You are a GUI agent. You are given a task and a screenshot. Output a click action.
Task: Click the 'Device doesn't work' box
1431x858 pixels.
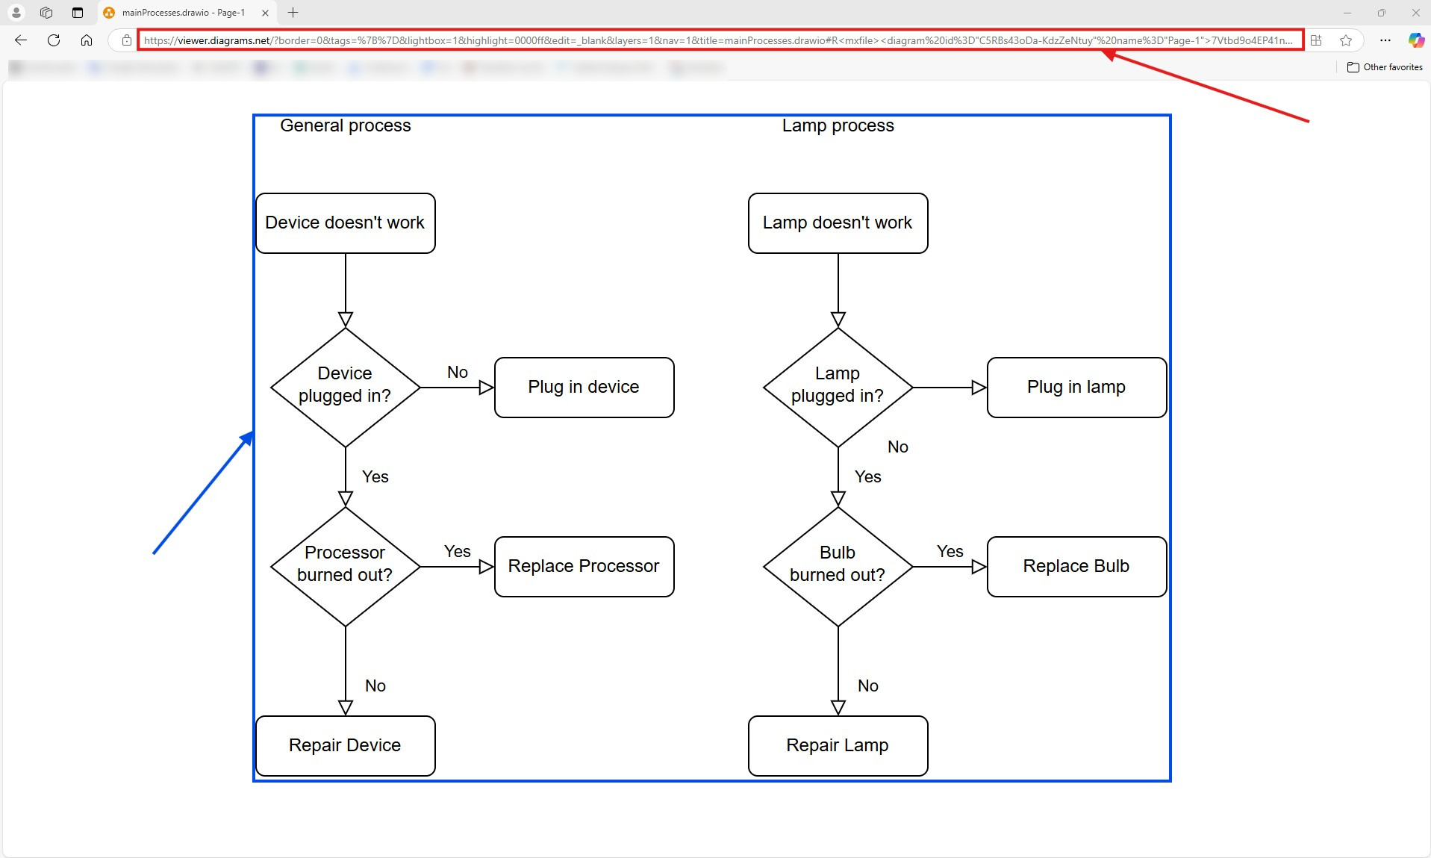click(x=345, y=223)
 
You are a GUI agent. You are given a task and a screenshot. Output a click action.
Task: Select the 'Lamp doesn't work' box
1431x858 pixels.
click(x=838, y=223)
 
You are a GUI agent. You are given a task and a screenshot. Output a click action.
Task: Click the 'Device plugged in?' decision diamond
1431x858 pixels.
click(x=345, y=387)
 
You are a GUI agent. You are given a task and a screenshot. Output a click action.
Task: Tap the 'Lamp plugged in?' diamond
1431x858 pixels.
click(x=838, y=387)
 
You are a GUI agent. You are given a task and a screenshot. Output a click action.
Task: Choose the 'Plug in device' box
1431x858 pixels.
click(x=584, y=387)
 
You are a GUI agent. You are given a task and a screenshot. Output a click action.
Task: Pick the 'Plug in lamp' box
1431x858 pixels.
click(x=1076, y=387)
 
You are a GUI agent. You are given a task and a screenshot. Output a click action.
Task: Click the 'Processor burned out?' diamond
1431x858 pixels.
click(x=345, y=566)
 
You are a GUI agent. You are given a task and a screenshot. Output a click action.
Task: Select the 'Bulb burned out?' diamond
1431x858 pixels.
click(x=838, y=566)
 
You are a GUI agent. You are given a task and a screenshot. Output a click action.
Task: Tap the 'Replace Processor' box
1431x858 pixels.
click(x=584, y=566)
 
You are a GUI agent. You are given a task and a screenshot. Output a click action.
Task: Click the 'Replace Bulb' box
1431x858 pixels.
click(x=1076, y=566)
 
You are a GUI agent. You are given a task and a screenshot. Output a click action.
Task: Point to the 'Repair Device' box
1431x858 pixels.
click(x=345, y=745)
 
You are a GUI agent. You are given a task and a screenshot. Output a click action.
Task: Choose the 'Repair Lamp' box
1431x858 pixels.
click(x=838, y=745)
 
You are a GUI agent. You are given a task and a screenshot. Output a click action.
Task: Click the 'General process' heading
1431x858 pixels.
click(x=345, y=125)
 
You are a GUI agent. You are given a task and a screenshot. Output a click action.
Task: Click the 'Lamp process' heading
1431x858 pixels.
click(x=838, y=125)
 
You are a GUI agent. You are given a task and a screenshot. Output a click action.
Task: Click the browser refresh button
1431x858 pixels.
click(x=54, y=40)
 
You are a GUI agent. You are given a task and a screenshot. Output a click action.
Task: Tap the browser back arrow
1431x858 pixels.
click(x=21, y=40)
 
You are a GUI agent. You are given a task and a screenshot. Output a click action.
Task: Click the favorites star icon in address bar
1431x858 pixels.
click(x=1346, y=40)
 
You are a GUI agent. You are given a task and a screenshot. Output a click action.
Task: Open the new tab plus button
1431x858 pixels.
click(x=293, y=13)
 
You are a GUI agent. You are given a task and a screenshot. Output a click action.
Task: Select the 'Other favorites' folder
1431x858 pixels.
click(x=1385, y=67)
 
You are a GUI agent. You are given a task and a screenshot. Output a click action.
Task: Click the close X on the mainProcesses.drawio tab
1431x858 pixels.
click(x=265, y=13)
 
